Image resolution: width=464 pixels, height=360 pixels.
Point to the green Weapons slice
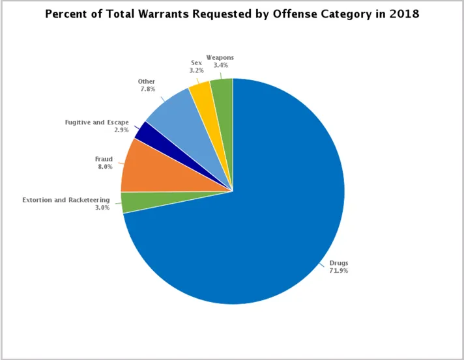(222, 88)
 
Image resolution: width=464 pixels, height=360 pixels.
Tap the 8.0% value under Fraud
(104, 167)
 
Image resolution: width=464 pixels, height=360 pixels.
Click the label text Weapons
(220, 57)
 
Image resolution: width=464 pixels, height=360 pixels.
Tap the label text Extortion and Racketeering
(70, 200)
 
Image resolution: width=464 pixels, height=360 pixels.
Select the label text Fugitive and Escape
(96, 122)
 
